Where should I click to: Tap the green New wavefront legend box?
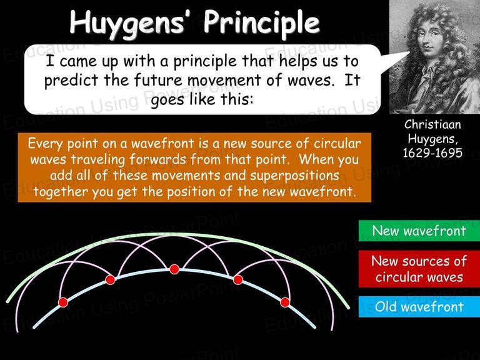pyautogui.click(x=419, y=231)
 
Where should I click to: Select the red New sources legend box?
pyautogui.click(x=419, y=269)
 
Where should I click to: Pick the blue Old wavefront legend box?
pyautogui.click(x=419, y=307)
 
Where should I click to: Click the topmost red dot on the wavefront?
pyautogui.click(x=174, y=269)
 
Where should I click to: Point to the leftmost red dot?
pyautogui.click(x=62, y=302)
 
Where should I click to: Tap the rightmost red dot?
pyautogui.click(x=285, y=302)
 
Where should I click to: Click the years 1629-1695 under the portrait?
pyautogui.click(x=432, y=152)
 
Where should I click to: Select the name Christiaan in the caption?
pyautogui.click(x=432, y=124)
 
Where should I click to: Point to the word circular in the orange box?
pyautogui.click(x=337, y=143)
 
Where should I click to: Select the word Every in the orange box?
pyautogui.click(x=45, y=144)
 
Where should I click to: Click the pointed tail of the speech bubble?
pyautogui.click(x=409, y=52)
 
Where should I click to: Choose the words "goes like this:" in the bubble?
pyautogui.click(x=202, y=100)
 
